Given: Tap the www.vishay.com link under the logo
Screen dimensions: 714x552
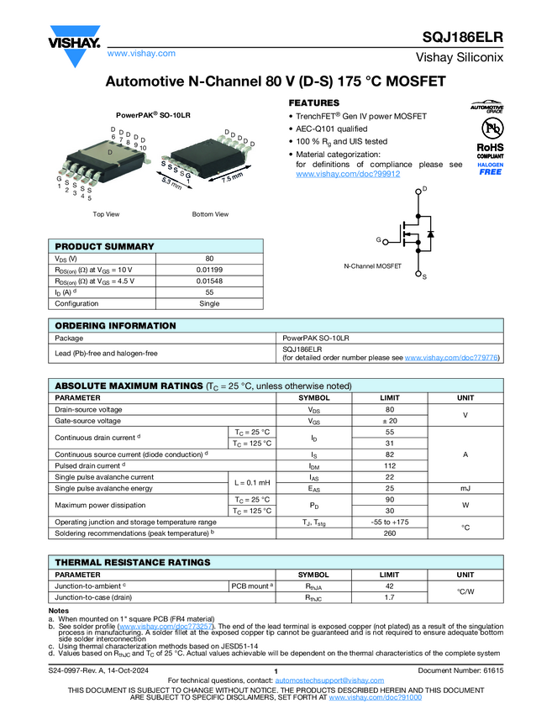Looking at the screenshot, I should tap(141, 53).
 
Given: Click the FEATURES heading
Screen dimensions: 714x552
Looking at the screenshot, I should tap(314, 102).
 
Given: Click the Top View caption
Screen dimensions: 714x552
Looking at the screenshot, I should tap(106, 214).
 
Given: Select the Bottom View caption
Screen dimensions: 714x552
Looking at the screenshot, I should tap(210, 214).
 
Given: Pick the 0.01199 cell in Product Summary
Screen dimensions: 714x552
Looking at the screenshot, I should tap(209, 269).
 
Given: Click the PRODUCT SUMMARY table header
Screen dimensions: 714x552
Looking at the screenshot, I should tap(105, 246).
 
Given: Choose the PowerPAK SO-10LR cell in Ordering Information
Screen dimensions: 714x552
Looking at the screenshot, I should tap(316, 337).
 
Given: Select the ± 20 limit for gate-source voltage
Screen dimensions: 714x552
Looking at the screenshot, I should tap(390, 420).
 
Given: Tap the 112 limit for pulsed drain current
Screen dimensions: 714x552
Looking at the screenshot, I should tap(390, 465).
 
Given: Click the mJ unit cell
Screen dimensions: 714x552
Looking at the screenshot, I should tap(465, 488).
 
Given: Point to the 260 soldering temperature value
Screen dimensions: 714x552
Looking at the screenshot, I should tap(390, 533).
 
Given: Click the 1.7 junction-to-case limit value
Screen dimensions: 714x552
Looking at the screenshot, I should tap(390, 597).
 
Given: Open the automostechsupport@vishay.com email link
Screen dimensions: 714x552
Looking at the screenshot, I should tap(329, 680).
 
